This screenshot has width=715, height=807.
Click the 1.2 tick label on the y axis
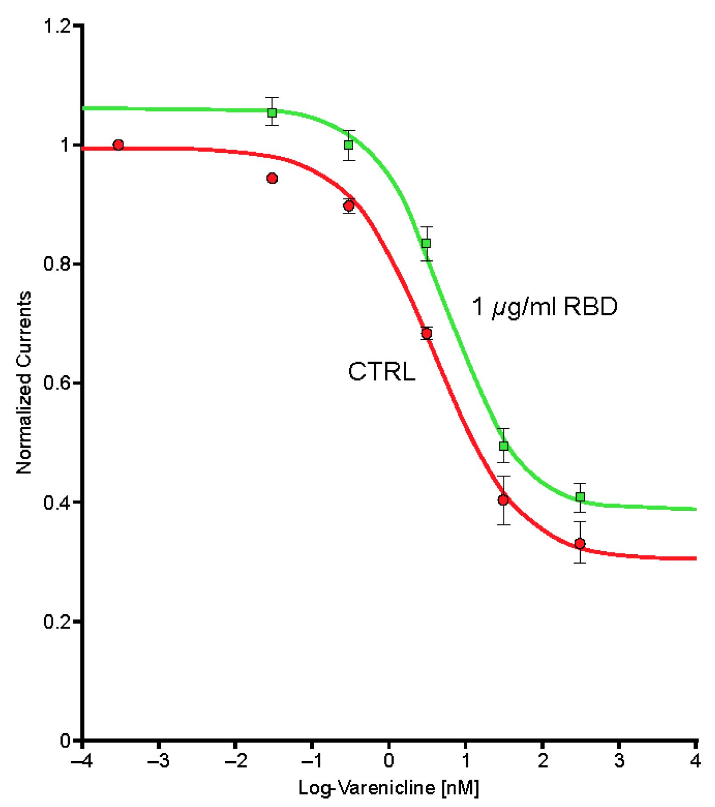point(57,26)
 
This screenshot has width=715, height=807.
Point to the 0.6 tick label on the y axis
point(57,383)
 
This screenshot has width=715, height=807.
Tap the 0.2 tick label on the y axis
point(57,621)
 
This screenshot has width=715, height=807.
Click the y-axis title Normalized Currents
point(24,382)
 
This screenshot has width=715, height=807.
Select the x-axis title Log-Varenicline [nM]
point(389,788)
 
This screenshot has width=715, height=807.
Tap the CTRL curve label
point(382,372)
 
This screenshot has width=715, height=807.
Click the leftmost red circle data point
point(118,144)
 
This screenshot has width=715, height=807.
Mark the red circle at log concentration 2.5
point(579,543)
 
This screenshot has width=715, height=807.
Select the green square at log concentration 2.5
point(580,497)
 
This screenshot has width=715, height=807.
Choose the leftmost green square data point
point(272,112)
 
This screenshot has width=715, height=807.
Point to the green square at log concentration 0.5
point(426,243)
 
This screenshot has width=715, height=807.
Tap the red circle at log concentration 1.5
point(503,500)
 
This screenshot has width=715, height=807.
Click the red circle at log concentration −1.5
point(272,178)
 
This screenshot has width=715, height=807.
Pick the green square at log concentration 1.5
point(503,445)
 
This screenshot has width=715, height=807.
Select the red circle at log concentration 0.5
point(427,334)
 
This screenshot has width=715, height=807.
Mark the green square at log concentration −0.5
point(349,145)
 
